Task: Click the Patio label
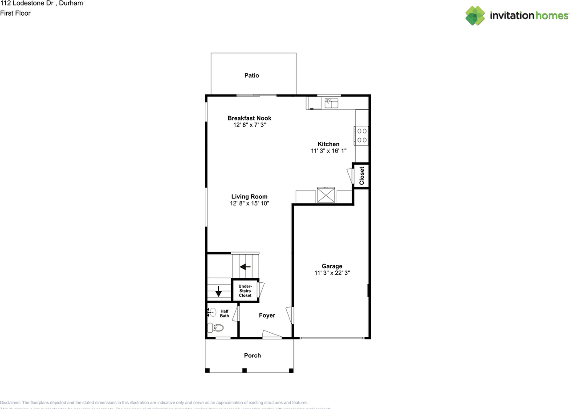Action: [252, 75]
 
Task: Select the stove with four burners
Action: [362, 136]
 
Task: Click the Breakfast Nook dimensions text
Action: [249, 125]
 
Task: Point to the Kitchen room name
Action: [329, 144]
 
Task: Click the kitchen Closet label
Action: [362, 176]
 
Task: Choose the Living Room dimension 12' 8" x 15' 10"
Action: [249, 203]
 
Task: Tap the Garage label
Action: [332, 266]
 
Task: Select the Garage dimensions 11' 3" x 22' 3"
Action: [332, 273]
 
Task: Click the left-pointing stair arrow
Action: [245, 267]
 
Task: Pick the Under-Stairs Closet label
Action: [245, 291]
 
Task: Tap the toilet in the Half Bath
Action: [216, 328]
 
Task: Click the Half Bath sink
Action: [212, 312]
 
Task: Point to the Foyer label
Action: [267, 315]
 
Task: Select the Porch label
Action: [252, 355]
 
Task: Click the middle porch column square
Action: [244, 370]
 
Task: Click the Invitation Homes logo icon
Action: [475, 16]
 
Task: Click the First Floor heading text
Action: [16, 13]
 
